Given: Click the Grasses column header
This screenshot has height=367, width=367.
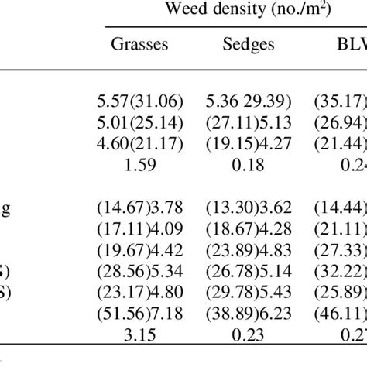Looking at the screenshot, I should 139,44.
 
